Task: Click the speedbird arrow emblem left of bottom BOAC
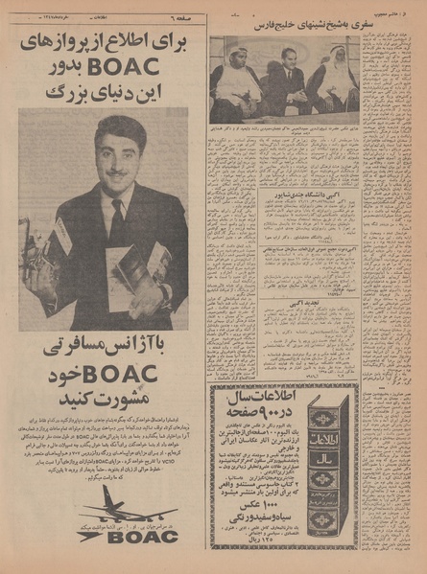93,535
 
